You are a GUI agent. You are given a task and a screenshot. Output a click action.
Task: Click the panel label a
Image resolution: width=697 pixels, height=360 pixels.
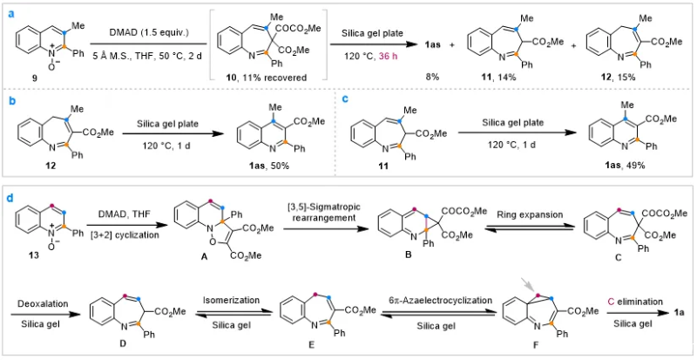tap(6, 8)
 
